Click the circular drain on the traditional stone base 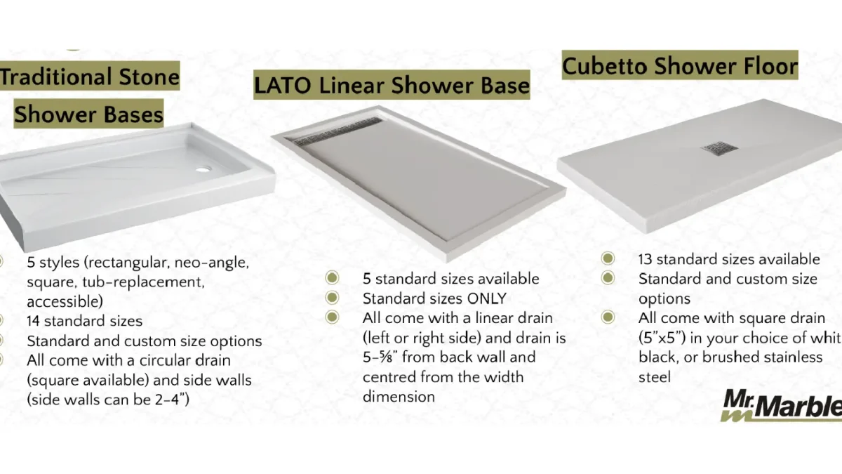coord(203,170)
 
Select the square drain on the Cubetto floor coord(719,148)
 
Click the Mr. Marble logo coord(781,406)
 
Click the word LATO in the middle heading coord(282,85)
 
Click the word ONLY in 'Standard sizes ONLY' coord(486,298)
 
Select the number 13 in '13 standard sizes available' coord(645,260)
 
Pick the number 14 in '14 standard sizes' coord(33,322)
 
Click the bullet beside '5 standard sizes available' coord(332,278)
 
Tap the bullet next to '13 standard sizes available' coord(608,258)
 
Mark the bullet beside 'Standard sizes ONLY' coord(332,298)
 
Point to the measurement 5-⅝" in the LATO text coord(380,357)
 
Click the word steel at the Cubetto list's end coord(655,377)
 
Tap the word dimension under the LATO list coord(399,397)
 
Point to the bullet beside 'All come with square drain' coord(608,317)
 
